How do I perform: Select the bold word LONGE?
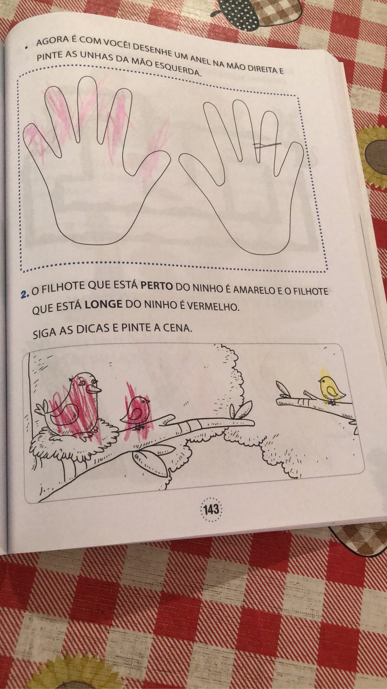(103, 304)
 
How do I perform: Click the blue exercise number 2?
(26, 294)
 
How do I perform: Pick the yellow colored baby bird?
(331, 389)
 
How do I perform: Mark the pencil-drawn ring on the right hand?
(267, 145)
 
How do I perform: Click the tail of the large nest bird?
(44, 411)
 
